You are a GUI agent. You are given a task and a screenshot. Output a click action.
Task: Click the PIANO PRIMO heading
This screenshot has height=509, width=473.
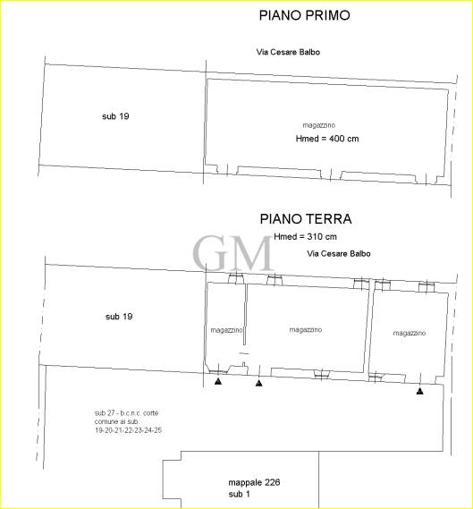click(x=304, y=15)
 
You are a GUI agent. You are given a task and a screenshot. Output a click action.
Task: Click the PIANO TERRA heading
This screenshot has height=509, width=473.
click(x=306, y=219)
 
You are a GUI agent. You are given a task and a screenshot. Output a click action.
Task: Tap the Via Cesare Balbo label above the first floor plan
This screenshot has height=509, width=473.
click(x=288, y=52)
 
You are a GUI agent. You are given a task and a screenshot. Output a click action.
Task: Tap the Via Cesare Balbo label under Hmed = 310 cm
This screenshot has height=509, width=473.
click(x=339, y=253)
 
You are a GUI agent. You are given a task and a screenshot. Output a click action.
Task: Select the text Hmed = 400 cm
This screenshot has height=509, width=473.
click(x=327, y=139)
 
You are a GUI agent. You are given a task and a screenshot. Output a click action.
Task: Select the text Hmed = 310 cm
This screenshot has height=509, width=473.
click(x=305, y=237)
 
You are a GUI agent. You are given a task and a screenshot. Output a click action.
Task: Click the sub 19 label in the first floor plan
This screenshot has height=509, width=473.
click(x=115, y=116)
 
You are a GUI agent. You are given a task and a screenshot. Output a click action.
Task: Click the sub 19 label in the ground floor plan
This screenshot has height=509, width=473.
click(x=119, y=317)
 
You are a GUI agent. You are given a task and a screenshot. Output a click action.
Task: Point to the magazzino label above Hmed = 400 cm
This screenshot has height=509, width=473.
click(x=319, y=125)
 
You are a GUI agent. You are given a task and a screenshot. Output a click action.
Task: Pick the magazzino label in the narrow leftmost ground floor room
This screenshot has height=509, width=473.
click(x=226, y=330)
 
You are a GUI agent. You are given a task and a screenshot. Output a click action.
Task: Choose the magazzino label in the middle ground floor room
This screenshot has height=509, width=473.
click(x=305, y=330)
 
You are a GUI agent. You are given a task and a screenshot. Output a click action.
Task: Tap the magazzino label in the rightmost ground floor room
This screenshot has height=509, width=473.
click(x=410, y=333)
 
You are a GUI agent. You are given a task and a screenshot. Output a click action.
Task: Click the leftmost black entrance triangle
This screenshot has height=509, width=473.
click(x=218, y=381)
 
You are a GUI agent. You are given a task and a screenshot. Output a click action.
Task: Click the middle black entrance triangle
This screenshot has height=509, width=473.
click(x=258, y=384)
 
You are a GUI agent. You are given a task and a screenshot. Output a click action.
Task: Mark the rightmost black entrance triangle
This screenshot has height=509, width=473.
click(x=419, y=391)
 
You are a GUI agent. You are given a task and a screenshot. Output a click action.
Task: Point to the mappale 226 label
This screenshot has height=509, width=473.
click(x=254, y=482)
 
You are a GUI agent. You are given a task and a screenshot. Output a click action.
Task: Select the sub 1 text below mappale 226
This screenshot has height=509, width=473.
click(x=239, y=494)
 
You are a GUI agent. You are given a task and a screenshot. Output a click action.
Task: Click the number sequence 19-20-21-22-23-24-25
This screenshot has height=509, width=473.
click(x=128, y=430)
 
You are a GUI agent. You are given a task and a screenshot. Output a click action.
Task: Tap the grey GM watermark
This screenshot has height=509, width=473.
click(x=233, y=253)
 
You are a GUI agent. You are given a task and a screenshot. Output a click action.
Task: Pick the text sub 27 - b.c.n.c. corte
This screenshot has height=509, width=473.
click(x=127, y=413)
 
